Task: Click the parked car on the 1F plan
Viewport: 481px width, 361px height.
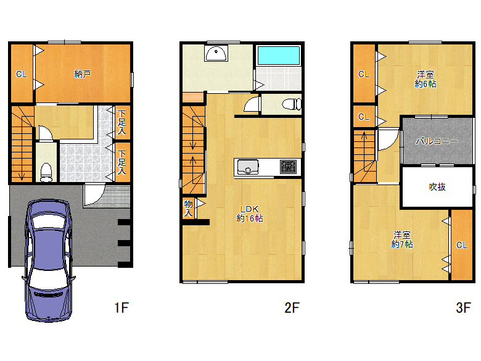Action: [49, 260]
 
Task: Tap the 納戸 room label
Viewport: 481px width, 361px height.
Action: [83, 74]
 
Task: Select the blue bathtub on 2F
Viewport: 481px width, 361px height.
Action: [279, 56]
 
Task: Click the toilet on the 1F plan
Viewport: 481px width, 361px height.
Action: [46, 173]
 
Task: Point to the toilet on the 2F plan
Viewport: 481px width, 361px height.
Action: [292, 104]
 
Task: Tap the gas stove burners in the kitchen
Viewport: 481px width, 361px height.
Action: [289, 167]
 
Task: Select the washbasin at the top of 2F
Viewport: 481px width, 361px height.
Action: [216, 53]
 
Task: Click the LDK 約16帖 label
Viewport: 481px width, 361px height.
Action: [249, 214]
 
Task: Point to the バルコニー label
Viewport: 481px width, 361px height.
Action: [437, 141]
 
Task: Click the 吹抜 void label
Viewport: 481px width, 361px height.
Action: [437, 186]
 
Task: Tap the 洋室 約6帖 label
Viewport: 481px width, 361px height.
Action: [425, 79]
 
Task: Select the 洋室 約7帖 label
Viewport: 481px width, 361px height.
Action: [402, 240]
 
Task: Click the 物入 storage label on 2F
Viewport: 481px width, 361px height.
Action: [188, 209]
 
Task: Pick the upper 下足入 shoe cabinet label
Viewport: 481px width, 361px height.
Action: [121, 122]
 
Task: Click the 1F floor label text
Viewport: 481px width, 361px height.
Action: [121, 307]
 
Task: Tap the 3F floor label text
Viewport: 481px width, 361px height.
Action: [463, 307]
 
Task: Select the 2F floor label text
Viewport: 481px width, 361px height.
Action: [292, 307]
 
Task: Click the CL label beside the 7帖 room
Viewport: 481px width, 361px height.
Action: [462, 245]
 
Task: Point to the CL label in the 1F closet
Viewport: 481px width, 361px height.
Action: [22, 74]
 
